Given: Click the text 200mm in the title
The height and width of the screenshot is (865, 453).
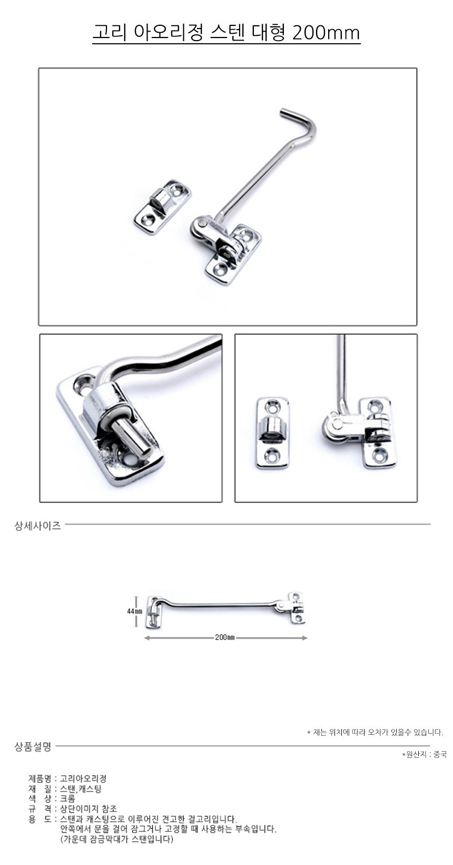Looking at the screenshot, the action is [x=326, y=33].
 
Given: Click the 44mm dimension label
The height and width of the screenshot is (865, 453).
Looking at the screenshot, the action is [x=134, y=611].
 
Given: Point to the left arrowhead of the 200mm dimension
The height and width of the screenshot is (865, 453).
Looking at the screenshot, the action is [x=146, y=638].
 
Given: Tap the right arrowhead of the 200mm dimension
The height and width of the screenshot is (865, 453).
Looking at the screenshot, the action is [x=305, y=638].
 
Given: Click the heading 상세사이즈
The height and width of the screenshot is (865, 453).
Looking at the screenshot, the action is [x=37, y=525].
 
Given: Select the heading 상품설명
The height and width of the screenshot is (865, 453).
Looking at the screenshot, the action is [x=33, y=747].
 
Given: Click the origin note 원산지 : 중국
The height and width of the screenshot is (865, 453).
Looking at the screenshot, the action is [x=425, y=755].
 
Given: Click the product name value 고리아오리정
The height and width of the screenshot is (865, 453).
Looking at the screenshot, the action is [x=83, y=778].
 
